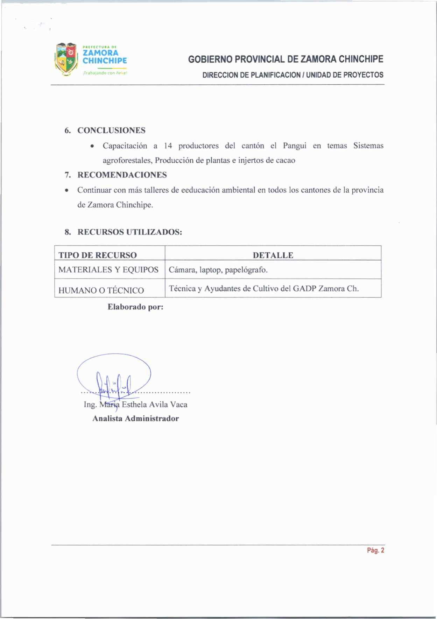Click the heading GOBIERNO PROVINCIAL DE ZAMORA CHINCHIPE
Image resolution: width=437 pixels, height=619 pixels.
pyautogui.click(x=286, y=59)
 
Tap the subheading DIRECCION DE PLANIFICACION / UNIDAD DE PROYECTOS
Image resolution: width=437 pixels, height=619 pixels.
pyautogui.click(x=293, y=75)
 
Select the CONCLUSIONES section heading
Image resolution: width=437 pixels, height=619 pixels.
pyautogui.click(x=111, y=131)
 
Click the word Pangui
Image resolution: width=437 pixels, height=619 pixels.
pyautogui.click(x=295, y=146)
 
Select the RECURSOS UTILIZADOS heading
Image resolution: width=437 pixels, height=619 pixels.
pyautogui.click(x=129, y=232)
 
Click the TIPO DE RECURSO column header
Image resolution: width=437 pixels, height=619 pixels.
pyautogui.click(x=97, y=255)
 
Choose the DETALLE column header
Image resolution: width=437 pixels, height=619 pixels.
pyautogui.click(x=273, y=255)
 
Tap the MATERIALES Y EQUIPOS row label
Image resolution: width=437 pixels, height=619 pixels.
pyautogui.click(x=108, y=270)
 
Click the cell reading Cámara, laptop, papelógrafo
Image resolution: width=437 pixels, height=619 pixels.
pyautogui.click(x=218, y=270)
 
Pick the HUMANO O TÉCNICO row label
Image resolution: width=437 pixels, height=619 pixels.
pyautogui.click(x=101, y=290)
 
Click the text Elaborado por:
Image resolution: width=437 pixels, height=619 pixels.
pyautogui.click(x=135, y=307)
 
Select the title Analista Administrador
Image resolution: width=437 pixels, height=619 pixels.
pyautogui.click(x=135, y=418)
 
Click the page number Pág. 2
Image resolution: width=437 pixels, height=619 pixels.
pyautogui.click(x=375, y=550)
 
